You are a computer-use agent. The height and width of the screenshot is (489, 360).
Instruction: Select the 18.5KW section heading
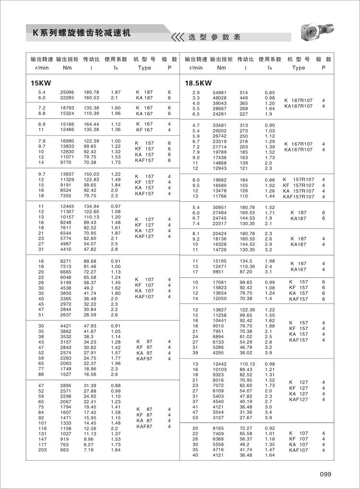click(x=198, y=83)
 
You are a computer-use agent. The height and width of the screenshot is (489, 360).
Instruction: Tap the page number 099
click(x=325, y=474)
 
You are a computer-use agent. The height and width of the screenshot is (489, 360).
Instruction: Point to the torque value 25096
click(x=67, y=92)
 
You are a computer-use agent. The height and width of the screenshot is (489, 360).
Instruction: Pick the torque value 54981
click(x=221, y=92)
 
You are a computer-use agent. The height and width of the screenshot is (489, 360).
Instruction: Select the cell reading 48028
click(x=221, y=98)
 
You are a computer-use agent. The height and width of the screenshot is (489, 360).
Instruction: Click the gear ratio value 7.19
click(x=89, y=450)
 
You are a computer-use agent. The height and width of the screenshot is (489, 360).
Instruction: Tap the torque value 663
click(x=64, y=450)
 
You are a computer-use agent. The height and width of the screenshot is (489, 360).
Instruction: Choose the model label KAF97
click(x=144, y=358)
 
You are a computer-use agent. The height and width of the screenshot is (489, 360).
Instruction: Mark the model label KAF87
click(x=144, y=426)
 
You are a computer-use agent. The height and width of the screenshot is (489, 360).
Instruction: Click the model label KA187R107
click(x=299, y=106)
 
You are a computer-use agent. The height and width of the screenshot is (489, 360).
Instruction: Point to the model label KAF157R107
click(x=299, y=196)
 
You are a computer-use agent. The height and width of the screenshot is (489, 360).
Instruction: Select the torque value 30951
click(x=221, y=207)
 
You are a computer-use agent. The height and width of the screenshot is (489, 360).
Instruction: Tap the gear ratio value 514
click(x=244, y=92)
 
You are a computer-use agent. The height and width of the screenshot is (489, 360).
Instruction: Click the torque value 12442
click(x=221, y=364)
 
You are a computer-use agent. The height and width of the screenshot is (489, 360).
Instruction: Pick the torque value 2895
click(x=65, y=386)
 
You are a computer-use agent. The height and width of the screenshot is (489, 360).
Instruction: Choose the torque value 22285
click(x=67, y=98)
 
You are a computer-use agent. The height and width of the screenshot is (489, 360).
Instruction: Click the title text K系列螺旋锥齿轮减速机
click(x=81, y=34)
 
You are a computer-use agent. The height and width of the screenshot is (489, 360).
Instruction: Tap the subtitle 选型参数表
click(x=214, y=37)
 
